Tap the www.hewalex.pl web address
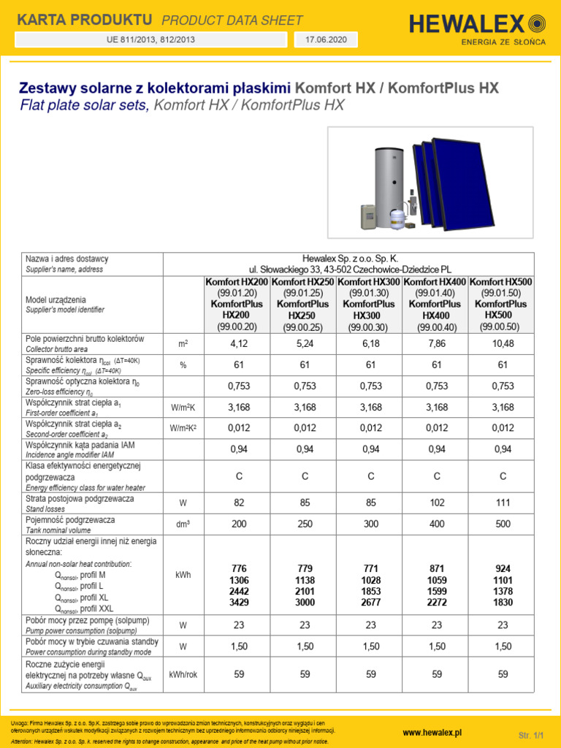(x=432, y=733)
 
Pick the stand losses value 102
(x=437, y=503)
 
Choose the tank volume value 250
(x=305, y=524)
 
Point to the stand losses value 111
(x=503, y=503)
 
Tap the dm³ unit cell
(x=183, y=524)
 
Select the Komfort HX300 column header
(x=370, y=281)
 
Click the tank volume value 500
(x=503, y=524)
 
